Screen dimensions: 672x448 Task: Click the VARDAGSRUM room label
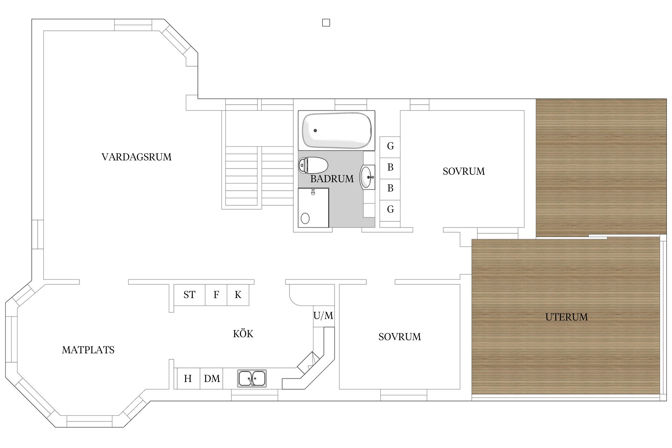[x=136, y=157]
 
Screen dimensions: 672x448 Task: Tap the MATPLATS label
[x=88, y=350]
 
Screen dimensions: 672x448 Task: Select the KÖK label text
[x=243, y=333]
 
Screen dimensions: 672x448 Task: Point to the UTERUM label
[x=567, y=317]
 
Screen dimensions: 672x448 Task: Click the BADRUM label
[x=332, y=179]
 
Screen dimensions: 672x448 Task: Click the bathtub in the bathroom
[x=337, y=131]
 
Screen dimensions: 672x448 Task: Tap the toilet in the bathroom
[x=313, y=165]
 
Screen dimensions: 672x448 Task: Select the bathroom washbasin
[x=367, y=177]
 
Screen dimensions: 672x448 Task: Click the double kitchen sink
[x=252, y=378]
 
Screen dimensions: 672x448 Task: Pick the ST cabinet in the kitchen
[x=189, y=295]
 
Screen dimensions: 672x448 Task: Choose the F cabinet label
[x=216, y=295]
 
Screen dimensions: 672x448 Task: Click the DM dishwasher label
[x=212, y=379]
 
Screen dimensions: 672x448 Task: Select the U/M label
[x=323, y=315]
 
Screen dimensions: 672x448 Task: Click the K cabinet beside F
[x=238, y=295]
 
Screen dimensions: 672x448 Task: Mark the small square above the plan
[x=326, y=23]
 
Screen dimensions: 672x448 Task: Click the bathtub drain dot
[x=315, y=131]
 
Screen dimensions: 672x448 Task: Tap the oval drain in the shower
[x=305, y=218]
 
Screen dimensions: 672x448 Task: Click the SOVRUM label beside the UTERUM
[x=400, y=337]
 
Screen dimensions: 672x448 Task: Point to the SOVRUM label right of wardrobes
[x=464, y=171]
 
